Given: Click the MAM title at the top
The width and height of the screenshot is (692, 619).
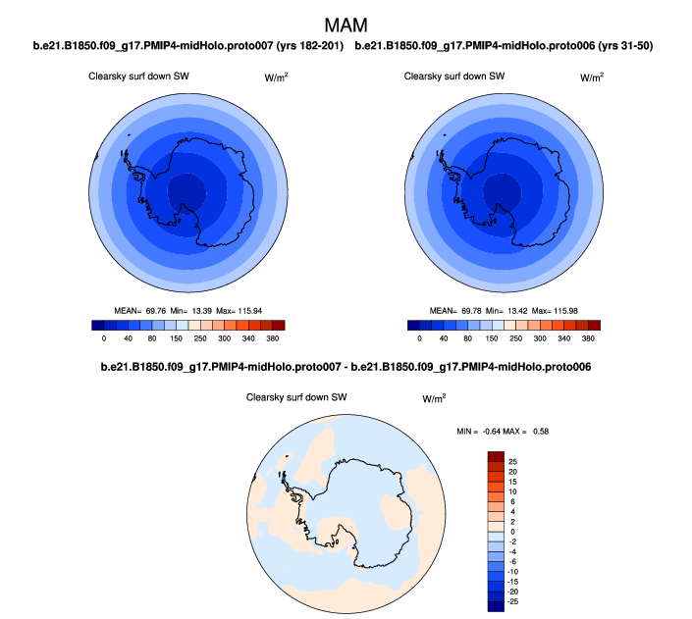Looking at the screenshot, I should tap(346, 23).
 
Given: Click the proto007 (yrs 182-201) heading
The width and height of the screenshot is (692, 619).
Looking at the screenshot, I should tap(187, 46).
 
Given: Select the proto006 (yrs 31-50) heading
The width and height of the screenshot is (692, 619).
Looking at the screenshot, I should tap(504, 46).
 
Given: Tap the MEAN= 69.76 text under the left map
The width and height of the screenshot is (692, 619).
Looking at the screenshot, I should tap(140, 310).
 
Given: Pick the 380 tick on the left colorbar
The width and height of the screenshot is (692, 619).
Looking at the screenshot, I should tap(272, 338).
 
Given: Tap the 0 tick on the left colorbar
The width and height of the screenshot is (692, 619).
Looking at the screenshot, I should tap(103, 338).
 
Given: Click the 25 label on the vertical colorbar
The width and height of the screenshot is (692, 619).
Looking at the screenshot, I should tap(512, 460).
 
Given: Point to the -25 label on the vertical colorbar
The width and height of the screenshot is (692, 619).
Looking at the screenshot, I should tap(512, 602).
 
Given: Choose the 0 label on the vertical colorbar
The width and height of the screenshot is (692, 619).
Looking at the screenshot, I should tap(511, 531).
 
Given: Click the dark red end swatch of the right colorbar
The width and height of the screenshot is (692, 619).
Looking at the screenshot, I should tap(592, 325).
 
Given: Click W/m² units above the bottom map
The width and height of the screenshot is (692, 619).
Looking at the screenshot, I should tap(434, 398).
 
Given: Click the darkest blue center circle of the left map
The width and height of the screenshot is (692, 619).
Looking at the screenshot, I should tap(186, 189).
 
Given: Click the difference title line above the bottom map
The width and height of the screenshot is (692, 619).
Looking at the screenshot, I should tap(346, 367).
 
